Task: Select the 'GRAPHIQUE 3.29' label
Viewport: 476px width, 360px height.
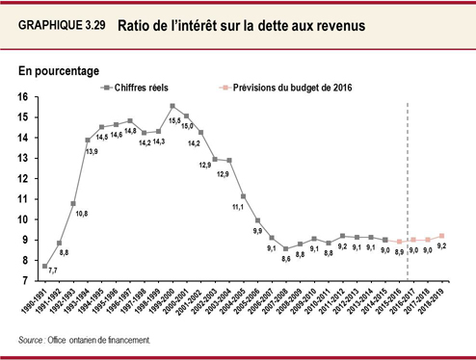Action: [60, 26]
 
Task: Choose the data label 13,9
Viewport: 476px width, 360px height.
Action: [92, 151]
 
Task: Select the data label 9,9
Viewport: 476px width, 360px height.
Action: [256, 231]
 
